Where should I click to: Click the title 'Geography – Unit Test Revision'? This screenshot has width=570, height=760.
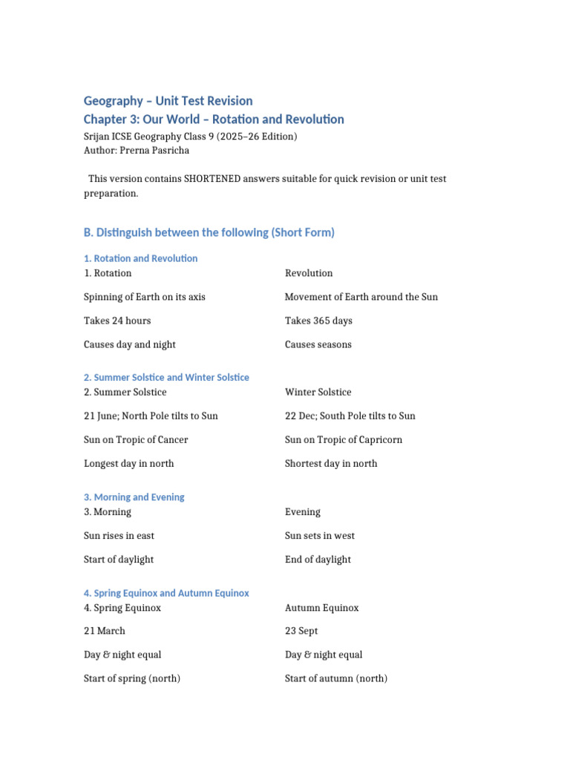coord(168,101)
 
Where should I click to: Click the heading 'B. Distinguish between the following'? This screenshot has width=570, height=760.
coord(209,232)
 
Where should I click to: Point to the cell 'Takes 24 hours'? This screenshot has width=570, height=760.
coord(117,321)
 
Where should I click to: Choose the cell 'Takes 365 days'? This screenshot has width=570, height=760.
coord(318,321)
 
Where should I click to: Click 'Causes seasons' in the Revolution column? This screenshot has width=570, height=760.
coord(318,344)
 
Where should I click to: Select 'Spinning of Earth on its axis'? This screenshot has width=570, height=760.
coord(145,297)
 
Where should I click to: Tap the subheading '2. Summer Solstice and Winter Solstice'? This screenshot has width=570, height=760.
coord(166,377)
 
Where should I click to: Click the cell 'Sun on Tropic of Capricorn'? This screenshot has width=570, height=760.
coord(344,439)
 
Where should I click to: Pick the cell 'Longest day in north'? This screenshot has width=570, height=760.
coord(129,463)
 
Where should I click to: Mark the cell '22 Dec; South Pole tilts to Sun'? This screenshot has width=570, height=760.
coord(350,416)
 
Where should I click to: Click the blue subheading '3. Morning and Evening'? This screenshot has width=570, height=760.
coord(134,497)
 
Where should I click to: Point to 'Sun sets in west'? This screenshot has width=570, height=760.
coord(320,535)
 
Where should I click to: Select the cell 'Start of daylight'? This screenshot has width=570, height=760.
coord(119,559)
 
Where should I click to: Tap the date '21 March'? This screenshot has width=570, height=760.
coord(105,631)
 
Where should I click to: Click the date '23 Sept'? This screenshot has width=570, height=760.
coord(301,631)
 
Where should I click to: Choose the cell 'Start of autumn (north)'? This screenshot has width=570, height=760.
coord(336,678)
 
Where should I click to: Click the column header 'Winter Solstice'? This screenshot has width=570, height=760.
coord(318,392)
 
